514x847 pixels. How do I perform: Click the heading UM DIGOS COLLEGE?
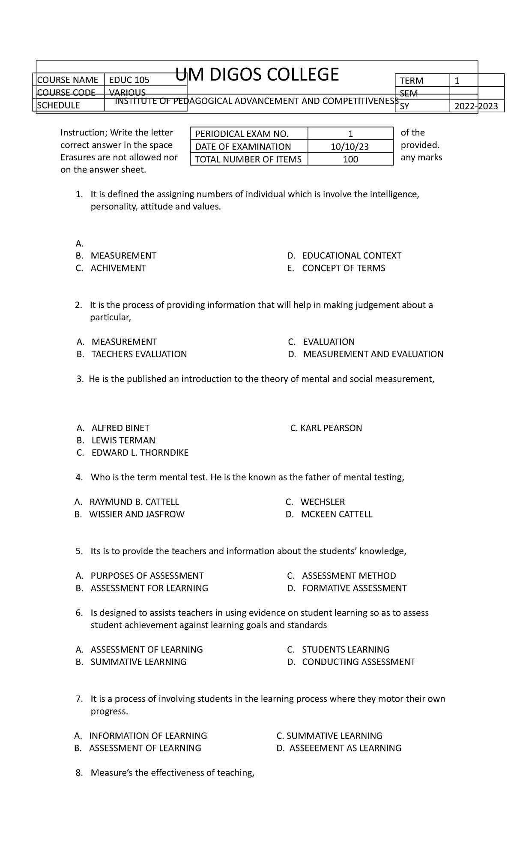pyautogui.click(x=257, y=75)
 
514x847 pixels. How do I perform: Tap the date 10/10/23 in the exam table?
pyautogui.click(x=350, y=147)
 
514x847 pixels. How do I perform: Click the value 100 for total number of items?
pyautogui.click(x=350, y=159)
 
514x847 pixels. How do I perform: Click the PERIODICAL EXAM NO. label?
pyautogui.click(x=242, y=134)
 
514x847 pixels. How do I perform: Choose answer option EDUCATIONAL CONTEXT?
pyautogui.click(x=351, y=256)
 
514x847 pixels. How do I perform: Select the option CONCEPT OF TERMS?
pyautogui.click(x=344, y=268)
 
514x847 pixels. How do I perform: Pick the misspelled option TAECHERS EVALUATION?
pyautogui.click(x=139, y=354)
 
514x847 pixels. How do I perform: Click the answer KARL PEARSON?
pyautogui.click(x=326, y=428)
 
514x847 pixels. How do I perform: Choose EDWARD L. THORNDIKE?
pyautogui.click(x=140, y=453)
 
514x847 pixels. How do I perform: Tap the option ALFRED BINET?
pyautogui.click(x=120, y=428)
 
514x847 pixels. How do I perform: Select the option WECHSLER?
pyautogui.click(x=323, y=502)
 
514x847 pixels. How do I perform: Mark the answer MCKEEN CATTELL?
pyautogui.click(x=337, y=514)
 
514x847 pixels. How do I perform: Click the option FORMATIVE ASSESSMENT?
pyautogui.click(x=354, y=588)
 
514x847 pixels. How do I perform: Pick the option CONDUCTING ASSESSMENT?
pyautogui.click(x=359, y=662)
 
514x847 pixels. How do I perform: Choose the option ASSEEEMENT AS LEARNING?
pyautogui.click(x=345, y=748)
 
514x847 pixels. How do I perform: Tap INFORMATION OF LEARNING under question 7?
pyautogui.click(x=148, y=736)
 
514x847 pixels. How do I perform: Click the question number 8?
pyautogui.click(x=78, y=773)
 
